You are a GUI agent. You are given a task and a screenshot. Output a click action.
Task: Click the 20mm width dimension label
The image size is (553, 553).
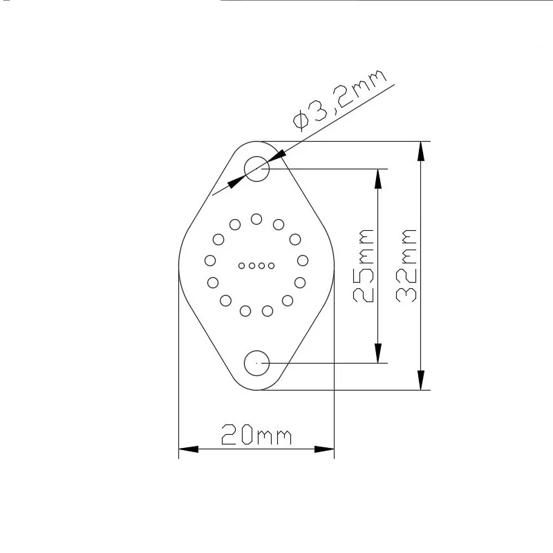[x=256, y=434]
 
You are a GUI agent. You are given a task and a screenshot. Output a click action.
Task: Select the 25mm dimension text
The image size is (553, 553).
[x=364, y=265]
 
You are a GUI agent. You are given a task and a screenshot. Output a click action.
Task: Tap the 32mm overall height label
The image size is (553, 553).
[x=406, y=265]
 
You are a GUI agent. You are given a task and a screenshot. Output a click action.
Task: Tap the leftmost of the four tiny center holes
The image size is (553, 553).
[x=241, y=265]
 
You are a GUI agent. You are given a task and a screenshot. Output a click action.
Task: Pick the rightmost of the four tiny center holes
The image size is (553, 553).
[x=271, y=265]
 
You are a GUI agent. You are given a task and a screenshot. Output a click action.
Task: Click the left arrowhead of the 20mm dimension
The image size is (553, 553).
[x=188, y=449]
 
